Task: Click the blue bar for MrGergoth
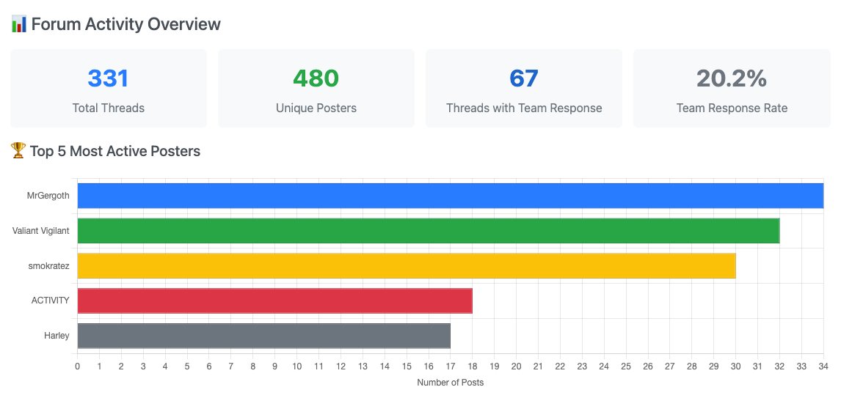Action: (450, 196)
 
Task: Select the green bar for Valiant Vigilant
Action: (428, 231)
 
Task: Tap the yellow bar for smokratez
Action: (406, 266)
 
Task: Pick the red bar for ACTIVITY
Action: (274, 301)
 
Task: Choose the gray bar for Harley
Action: (263, 336)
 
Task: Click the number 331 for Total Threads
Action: (108, 78)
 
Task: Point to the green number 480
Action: (316, 78)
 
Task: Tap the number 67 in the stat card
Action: (524, 78)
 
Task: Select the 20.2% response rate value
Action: (732, 78)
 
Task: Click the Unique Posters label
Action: (316, 108)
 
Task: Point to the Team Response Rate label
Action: (732, 108)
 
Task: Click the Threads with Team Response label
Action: (524, 108)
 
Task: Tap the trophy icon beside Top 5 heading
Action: (18, 151)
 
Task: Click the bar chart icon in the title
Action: (19, 24)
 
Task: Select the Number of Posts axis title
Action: (450, 383)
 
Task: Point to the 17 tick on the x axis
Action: (450, 366)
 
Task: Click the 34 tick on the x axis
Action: (823, 366)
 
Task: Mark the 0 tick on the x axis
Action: (78, 366)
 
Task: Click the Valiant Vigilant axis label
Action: (40, 231)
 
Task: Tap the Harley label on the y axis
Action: (57, 336)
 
